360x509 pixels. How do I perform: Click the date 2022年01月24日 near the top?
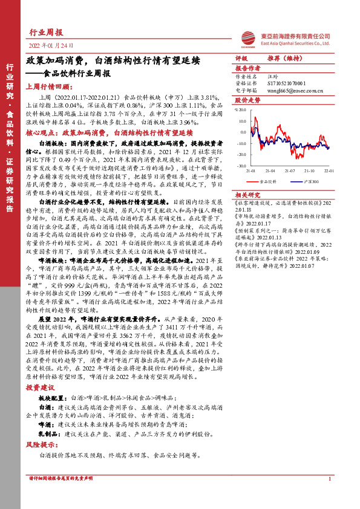coord(51,45)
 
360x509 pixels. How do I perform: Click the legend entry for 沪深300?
coord(310,181)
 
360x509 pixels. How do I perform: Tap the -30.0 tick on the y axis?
coord(240,164)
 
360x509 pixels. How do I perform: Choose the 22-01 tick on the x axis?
coord(327,172)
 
